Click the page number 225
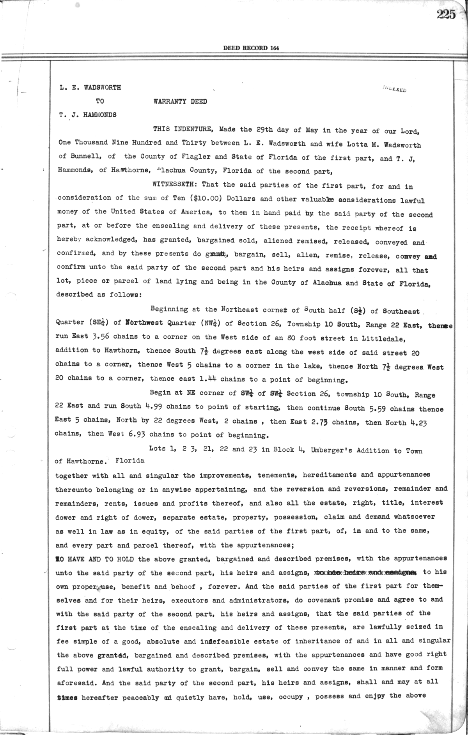tap(446, 15)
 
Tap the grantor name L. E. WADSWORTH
tap(90, 88)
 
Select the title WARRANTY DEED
tap(180, 102)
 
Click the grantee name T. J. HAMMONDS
tap(88, 115)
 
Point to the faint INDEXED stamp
tap(395, 89)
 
